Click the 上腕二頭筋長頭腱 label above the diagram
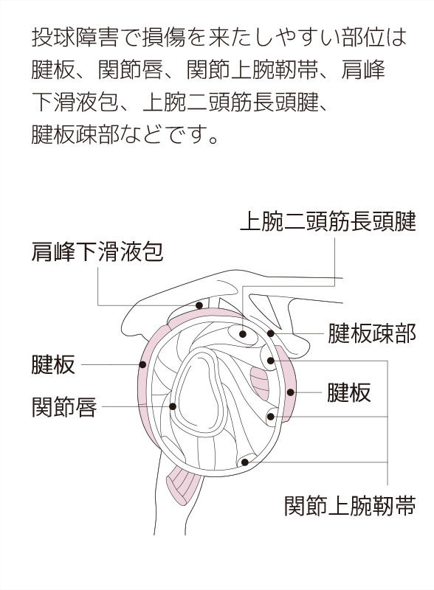coord(328,221)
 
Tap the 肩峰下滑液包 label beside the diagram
coord(97,251)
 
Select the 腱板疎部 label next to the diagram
coord(371,333)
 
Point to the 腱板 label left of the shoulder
coord(53,364)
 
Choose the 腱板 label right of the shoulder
coord(349,392)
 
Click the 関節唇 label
coord(64,407)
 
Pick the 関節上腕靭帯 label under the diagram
coord(350,505)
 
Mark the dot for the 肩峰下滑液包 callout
coord(199,305)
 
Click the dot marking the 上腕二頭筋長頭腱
coord(243,334)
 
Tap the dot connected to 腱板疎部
coord(270,333)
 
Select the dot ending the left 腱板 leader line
coord(142,364)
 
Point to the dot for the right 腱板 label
coord(290,392)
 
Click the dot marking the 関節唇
coord(173,406)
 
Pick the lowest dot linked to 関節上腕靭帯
coord(245,462)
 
